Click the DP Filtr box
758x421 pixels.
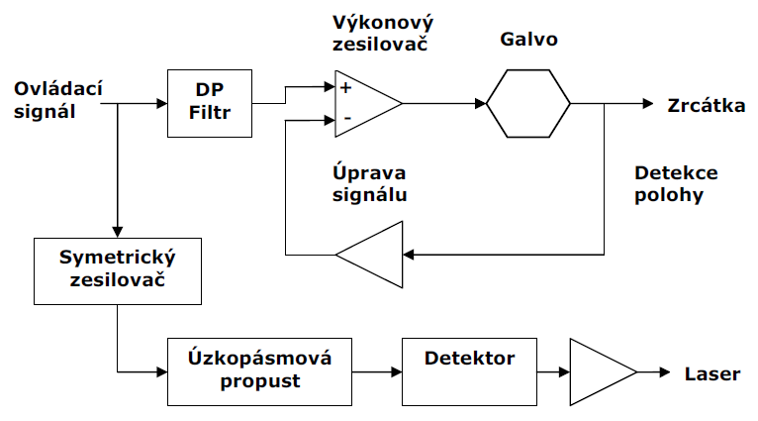point(209,102)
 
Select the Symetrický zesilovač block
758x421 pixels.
point(117,270)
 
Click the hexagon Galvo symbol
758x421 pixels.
point(528,102)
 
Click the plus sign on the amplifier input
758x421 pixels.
point(345,87)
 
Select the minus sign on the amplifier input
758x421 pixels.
point(346,119)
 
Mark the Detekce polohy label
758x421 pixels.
point(676,183)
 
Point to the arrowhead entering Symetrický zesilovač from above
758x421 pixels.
point(117,231)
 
